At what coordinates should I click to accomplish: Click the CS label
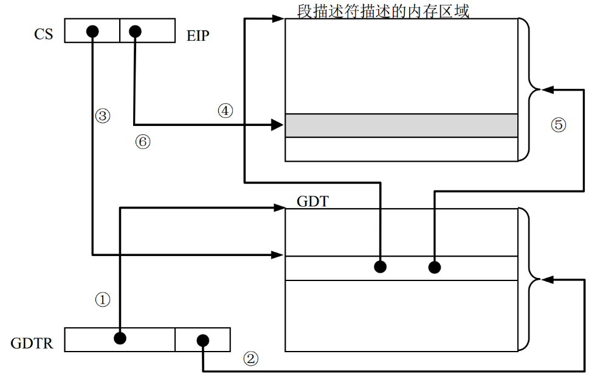(x=44, y=33)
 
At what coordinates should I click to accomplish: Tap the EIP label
(x=198, y=36)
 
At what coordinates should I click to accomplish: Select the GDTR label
(x=32, y=343)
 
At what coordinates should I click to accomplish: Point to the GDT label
(x=312, y=201)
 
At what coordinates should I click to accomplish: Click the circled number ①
(x=103, y=299)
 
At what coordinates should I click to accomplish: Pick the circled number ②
(x=250, y=358)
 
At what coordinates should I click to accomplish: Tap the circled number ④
(x=225, y=111)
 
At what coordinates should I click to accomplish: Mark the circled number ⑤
(x=558, y=124)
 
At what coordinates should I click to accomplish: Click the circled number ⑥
(x=142, y=142)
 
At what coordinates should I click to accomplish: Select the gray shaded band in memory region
(x=401, y=125)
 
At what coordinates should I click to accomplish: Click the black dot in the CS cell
(x=92, y=30)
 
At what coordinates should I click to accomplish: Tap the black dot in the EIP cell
(x=135, y=30)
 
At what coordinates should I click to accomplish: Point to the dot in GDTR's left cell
(x=120, y=338)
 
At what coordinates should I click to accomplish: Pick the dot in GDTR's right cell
(x=202, y=340)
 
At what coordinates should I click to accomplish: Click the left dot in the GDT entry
(x=380, y=266)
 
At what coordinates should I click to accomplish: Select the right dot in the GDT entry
(x=434, y=266)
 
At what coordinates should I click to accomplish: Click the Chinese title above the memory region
(x=383, y=10)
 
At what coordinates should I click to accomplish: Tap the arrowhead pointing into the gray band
(x=278, y=126)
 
